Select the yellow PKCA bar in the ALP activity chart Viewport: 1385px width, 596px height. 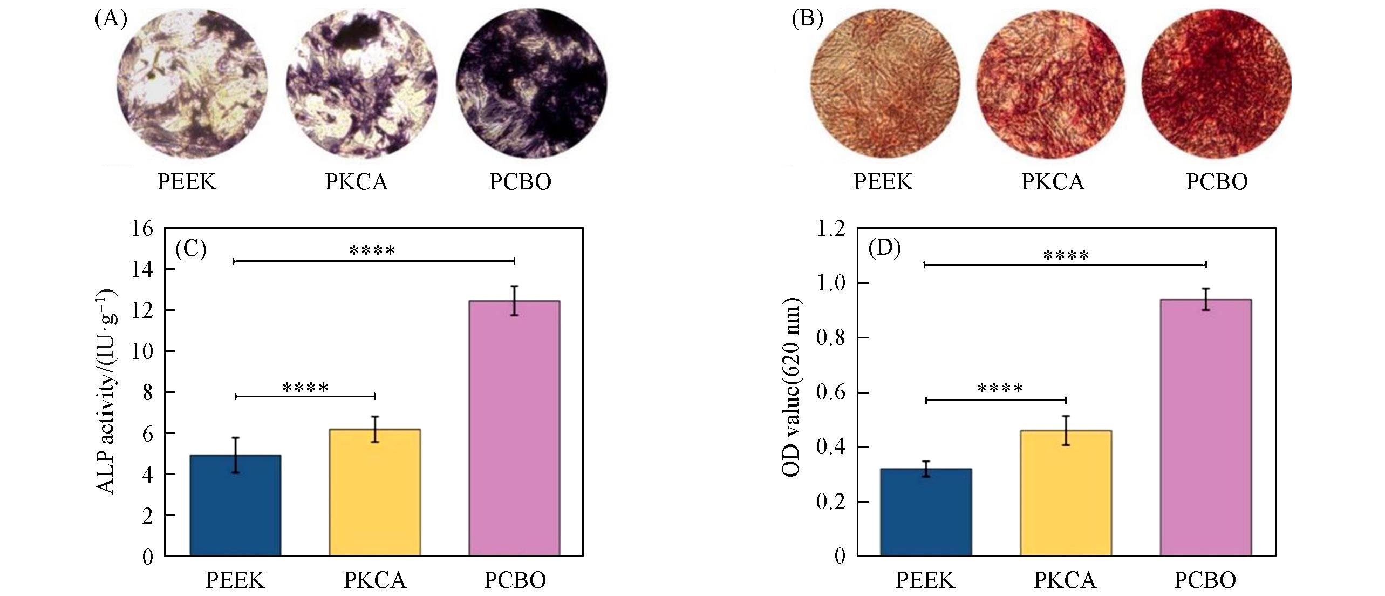pos(374,492)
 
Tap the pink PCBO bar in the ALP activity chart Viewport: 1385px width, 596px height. pos(514,428)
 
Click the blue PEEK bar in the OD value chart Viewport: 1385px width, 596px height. pos(926,512)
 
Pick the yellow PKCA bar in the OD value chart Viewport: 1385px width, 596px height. pos(1066,492)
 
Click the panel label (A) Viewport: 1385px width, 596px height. pos(111,19)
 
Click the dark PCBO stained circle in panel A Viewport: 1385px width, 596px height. pos(531,84)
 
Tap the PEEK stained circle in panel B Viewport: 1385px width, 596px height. pos(885,84)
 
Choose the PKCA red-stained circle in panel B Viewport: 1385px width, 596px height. pos(1051,84)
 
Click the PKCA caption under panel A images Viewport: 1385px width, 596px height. pos(356,182)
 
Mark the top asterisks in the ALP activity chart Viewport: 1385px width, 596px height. pos(372,250)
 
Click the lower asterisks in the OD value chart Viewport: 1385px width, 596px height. pos(1000,389)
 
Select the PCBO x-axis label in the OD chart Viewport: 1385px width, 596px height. pos(1205,580)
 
